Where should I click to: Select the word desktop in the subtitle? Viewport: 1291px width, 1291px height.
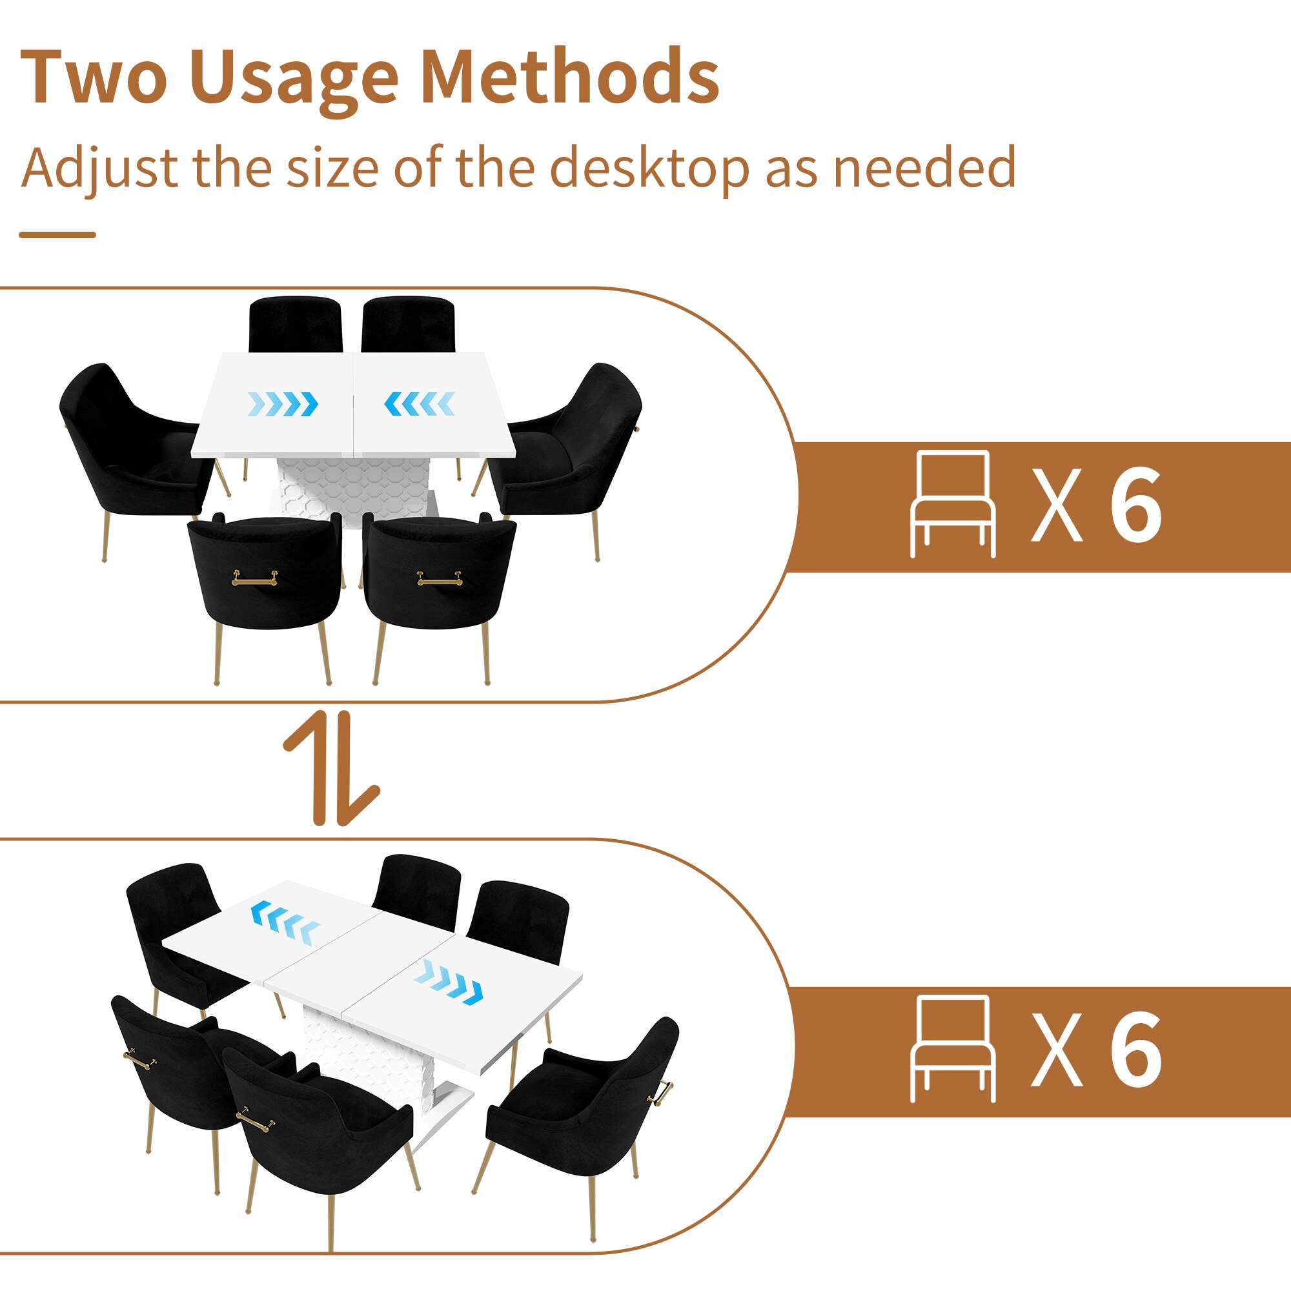[649, 168]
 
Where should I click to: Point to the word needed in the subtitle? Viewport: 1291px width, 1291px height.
[924, 167]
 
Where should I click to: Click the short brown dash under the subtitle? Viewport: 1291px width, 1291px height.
[57, 234]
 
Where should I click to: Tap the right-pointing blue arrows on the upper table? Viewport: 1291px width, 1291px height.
[283, 403]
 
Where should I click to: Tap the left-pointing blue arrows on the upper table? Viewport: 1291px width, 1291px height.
[420, 403]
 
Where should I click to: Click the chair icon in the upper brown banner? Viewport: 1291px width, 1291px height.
[953, 505]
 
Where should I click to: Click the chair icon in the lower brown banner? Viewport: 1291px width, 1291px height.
[953, 1048]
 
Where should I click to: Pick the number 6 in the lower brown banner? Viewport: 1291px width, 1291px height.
[1136, 1048]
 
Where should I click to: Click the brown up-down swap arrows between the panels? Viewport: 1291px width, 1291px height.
[332, 768]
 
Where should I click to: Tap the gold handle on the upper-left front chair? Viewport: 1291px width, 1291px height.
[254, 578]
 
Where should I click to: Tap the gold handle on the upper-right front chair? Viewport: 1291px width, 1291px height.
[439, 578]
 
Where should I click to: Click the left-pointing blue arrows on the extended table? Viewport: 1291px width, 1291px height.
[285, 922]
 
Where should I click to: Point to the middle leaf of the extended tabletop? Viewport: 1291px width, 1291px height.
[361, 957]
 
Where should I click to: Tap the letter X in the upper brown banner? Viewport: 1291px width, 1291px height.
[1057, 505]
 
